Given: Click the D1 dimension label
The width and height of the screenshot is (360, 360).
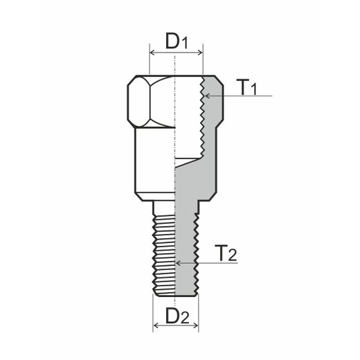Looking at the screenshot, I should click(x=176, y=41).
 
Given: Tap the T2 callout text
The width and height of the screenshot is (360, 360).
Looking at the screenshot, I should click(x=225, y=253).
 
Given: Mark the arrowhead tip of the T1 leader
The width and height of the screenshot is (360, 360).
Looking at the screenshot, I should click(x=206, y=96).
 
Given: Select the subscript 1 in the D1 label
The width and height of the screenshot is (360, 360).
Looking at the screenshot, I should click(x=185, y=44).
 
